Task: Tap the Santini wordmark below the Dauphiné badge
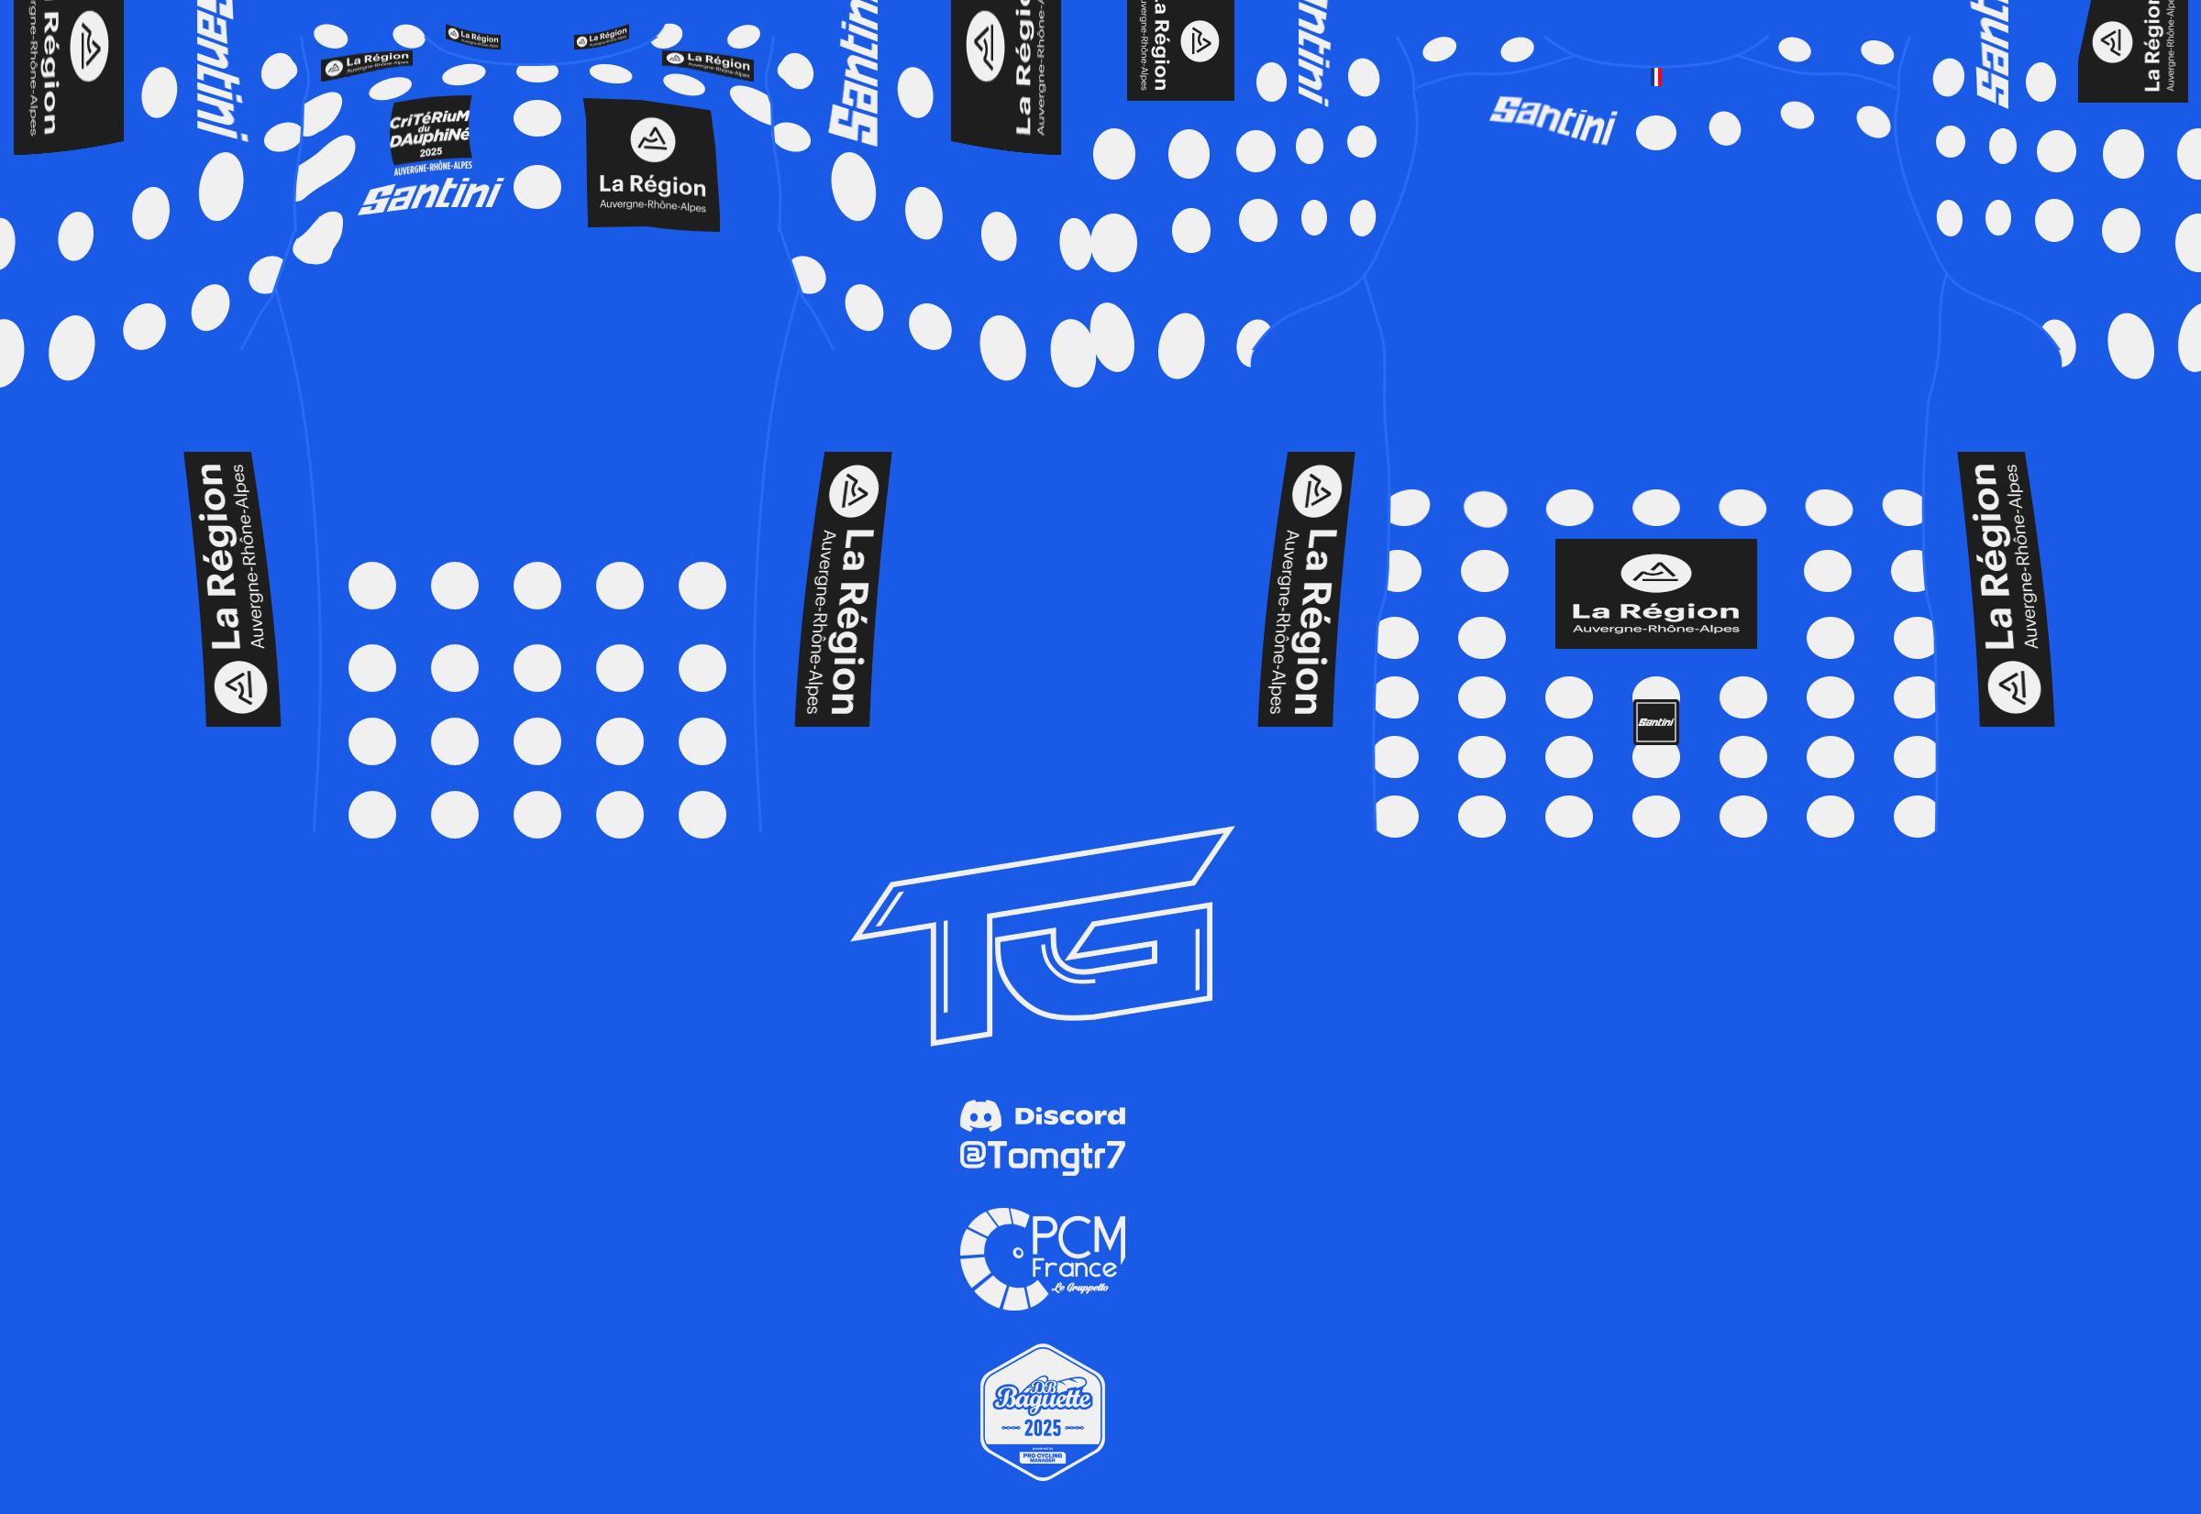431,195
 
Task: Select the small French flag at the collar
1656,77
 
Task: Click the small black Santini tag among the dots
1656,722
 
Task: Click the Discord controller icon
980,1115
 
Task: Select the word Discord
1069,1115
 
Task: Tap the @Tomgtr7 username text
1042,1156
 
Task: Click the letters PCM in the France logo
1078,1236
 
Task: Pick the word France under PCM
1074,1268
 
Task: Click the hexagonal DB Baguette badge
1042,1411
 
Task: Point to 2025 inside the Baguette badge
1042,1428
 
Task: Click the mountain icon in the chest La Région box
653,140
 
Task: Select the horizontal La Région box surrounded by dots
1656,594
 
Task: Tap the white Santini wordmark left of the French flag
1553,119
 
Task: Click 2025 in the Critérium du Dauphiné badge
431,152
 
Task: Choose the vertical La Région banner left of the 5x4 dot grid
233,589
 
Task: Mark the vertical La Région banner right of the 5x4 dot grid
843,589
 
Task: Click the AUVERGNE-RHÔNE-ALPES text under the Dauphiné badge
433,168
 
